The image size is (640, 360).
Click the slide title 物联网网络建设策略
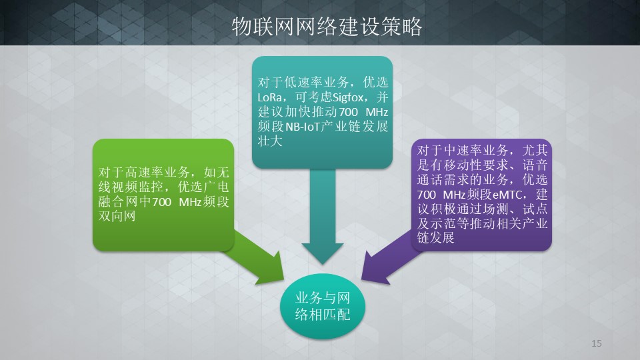tap(327, 27)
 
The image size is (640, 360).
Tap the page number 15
tap(596, 343)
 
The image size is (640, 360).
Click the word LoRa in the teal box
tap(269, 97)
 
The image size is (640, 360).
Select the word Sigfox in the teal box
tap(348, 97)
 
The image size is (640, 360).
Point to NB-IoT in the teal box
tap(302, 127)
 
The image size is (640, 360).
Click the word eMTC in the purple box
tap(507, 194)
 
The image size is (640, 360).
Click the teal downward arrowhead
tap(323, 253)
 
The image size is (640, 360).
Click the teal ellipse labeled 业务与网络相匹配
tap(323, 306)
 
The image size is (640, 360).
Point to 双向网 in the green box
tap(117, 216)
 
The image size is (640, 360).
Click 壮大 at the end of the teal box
tap(270, 141)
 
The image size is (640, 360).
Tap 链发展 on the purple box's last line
tap(435, 237)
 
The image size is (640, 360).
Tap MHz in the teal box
tap(377, 112)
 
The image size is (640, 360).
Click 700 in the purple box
tap(427, 194)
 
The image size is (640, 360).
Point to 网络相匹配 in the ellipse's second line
tap(323, 315)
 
